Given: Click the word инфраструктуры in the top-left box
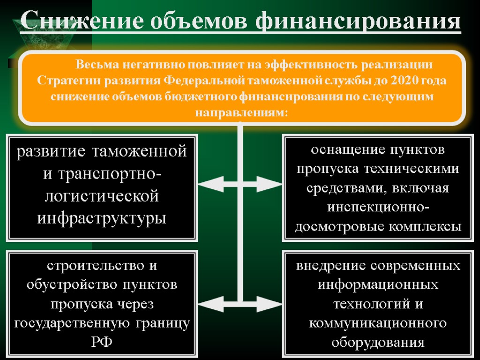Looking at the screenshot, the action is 102,217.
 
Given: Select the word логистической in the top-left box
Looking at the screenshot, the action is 102,195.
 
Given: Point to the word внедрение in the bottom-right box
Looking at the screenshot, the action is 331,266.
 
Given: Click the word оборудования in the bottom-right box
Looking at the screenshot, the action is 378,342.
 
